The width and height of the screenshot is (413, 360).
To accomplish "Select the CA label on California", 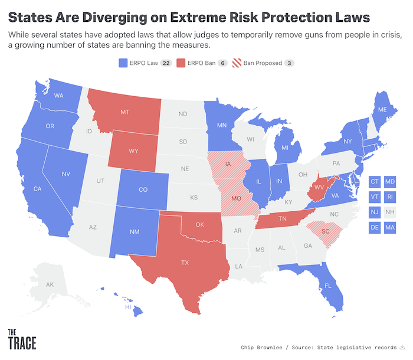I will coord(37,189).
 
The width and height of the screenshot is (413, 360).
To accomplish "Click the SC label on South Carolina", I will coord(325,231).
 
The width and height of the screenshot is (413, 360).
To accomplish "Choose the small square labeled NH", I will coord(390,212).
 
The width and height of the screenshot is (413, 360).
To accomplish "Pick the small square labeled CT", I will coord(374,182).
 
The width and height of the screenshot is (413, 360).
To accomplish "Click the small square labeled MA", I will coord(390,227).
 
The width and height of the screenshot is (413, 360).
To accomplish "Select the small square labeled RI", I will coord(390,197).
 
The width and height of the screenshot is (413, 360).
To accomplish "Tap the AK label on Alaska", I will coord(50,285).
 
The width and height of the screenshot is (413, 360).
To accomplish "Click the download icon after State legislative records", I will coord(402,346).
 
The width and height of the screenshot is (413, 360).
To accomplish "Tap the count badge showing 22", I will coord(166,63).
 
